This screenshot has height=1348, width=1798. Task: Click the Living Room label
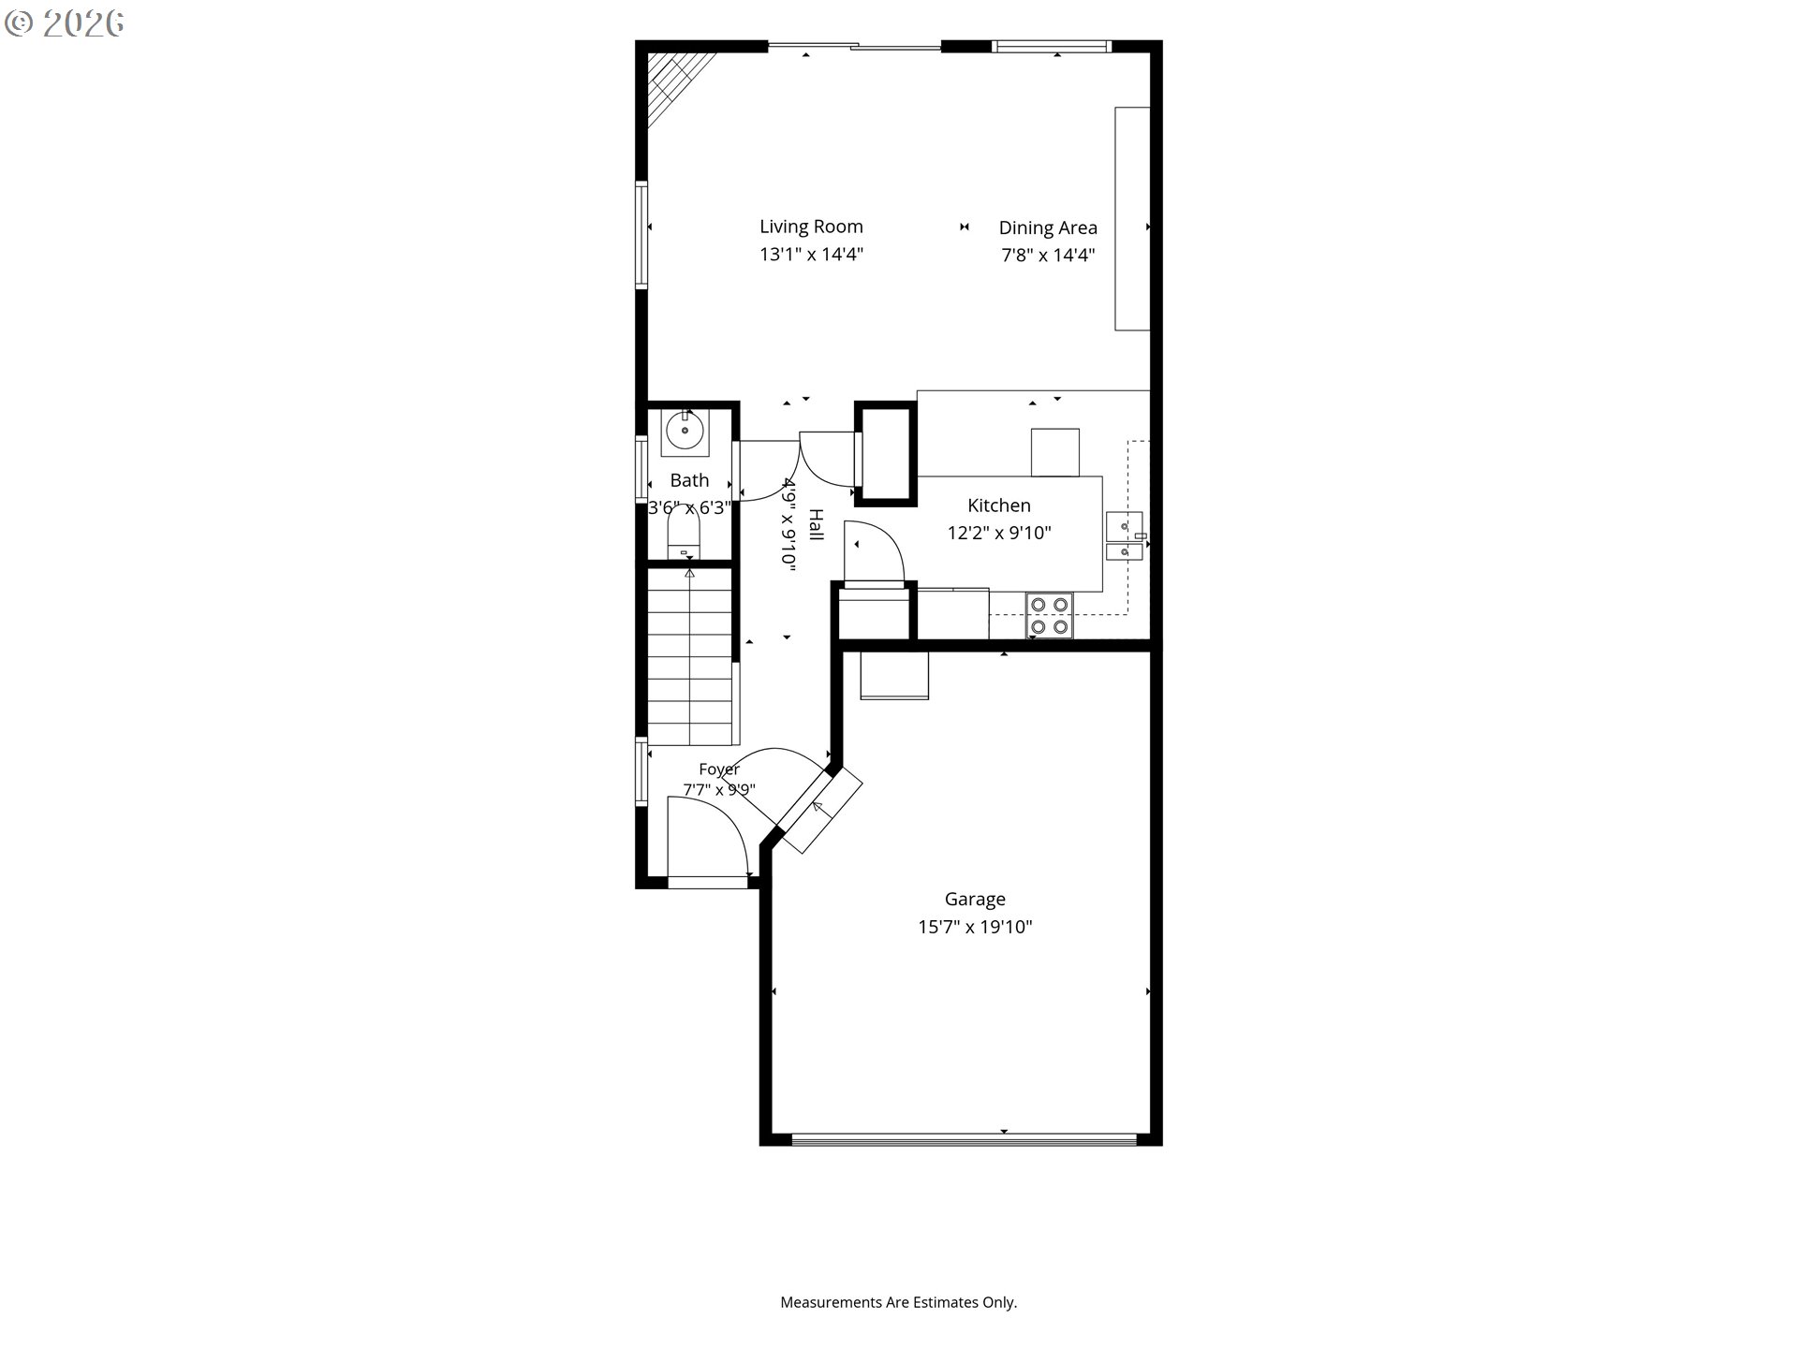click(x=811, y=227)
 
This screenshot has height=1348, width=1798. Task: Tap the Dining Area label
click(x=1048, y=227)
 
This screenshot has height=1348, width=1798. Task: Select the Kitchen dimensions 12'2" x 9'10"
click(x=999, y=533)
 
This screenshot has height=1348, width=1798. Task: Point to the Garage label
click(x=975, y=900)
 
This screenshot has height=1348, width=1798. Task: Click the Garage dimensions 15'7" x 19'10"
click(x=975, y=927)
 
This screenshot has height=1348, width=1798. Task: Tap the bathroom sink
click(x=685, y=431)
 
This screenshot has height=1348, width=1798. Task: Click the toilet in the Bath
click(x=684, y=534)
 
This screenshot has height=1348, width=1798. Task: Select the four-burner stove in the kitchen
click(x=1049, y=616)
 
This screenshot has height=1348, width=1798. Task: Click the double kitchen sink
click(x=1125, y=535)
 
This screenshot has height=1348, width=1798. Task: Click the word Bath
click(x=689, y=480)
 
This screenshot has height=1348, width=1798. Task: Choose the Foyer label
click(x=719, y=769)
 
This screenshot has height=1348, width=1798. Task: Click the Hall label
click(x=816, y=525)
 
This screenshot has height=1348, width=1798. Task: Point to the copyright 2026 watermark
click(x=64, y=23)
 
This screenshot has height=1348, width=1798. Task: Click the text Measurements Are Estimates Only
click(x=899, y=1302)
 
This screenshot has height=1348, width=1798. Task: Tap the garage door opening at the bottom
click(x=964, y=1139)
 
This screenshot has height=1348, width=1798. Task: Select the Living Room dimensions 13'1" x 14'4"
click(x=811, y=254)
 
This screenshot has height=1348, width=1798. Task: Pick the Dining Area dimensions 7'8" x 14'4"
click(x=1048, y=255)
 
